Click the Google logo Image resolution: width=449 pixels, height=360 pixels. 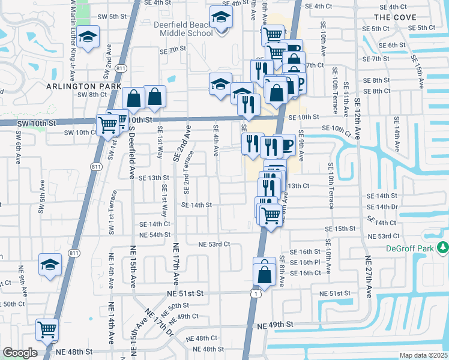coord(20,353)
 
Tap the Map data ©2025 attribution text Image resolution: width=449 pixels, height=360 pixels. coord(423,355)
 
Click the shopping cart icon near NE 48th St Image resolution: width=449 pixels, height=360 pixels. coord(47,329)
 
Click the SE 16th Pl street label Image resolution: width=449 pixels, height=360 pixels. coord(306,262)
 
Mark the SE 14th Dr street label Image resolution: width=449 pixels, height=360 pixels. coord(382,207)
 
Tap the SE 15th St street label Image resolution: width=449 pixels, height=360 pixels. coord(341,229)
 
